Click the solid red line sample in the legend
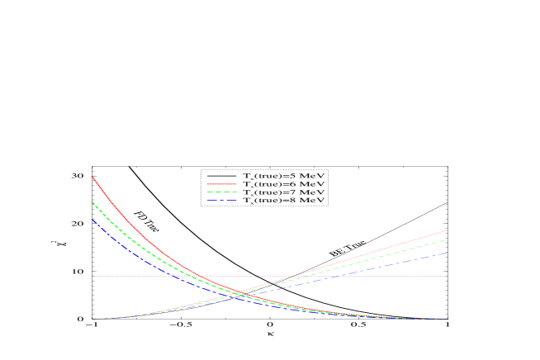point(221,184)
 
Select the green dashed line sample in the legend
point(221,192)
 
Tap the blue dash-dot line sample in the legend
point(221,200)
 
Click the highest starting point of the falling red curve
point(92,177)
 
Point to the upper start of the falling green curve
point(92,202)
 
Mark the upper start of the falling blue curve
point(92,220)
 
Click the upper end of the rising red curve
point(447,230)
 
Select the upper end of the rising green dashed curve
point(447,240)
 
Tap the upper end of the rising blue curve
point(447,253)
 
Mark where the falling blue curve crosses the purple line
point(176,276)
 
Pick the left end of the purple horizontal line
point(92,276)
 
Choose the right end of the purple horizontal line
point(447,276)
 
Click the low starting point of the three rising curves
point(92,319)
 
